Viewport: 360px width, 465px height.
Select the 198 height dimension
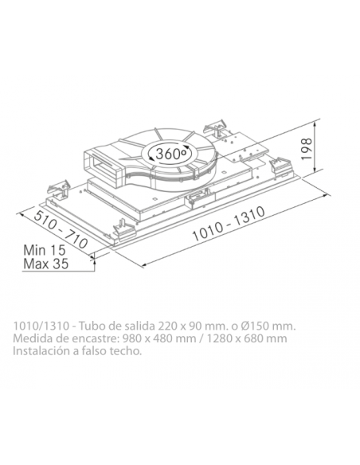(x=307, y=149)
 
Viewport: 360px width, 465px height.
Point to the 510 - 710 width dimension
(x=61, y=230)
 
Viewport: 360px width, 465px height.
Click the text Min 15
(x=45, y=250)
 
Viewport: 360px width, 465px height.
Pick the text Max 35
(x=46, y=264)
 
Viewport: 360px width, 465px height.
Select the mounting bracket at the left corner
(x=58, y=190)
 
